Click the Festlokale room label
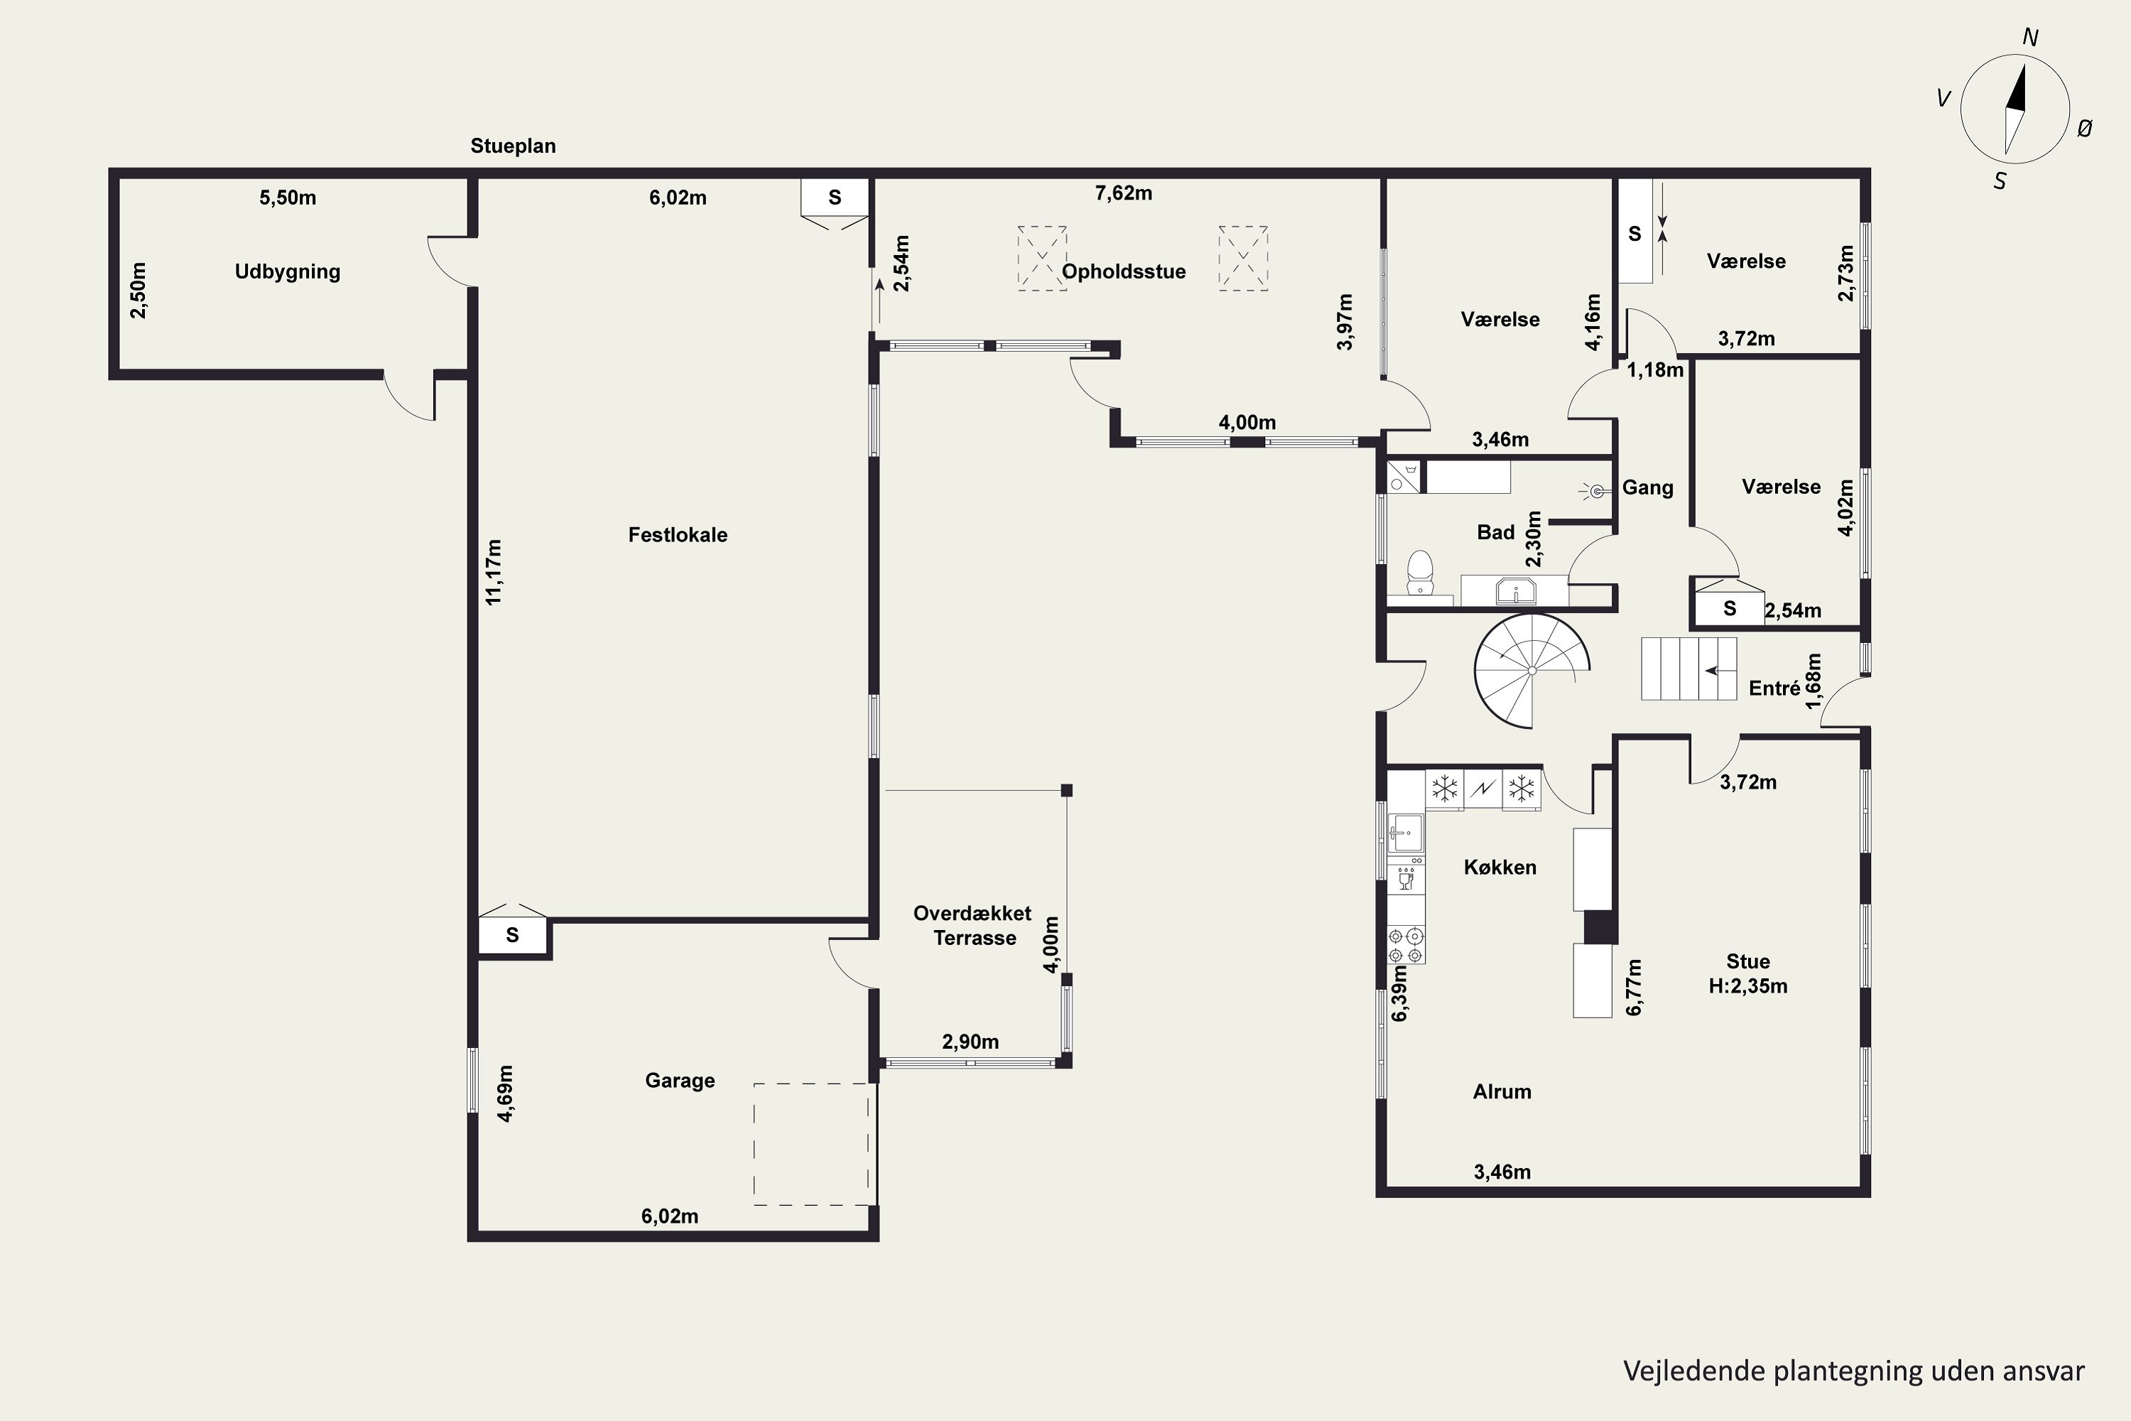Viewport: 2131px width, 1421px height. (678, 535)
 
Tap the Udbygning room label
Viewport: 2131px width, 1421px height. (287, 272)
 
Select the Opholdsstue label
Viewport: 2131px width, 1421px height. (1124, 272)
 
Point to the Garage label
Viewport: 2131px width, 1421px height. (680, 1080)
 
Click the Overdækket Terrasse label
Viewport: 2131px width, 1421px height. (973, 925)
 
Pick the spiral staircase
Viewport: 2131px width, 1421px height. (1531, 671)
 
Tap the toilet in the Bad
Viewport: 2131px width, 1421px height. (1420, 573)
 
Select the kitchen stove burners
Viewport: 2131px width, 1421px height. (1406, 945)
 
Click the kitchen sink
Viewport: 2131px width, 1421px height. (1406, 833)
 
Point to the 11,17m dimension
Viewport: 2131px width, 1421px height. (494, 572)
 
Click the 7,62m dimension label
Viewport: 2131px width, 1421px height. (1124, 193)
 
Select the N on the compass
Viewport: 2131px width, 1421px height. (2030, 37)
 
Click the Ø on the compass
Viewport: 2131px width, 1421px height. (2085, 129)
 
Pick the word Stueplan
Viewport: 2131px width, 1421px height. (513, 146)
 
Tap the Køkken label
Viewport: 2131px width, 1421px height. (1500, 868)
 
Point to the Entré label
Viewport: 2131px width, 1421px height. (1774, 688)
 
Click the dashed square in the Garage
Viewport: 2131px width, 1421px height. (812, 1144)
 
